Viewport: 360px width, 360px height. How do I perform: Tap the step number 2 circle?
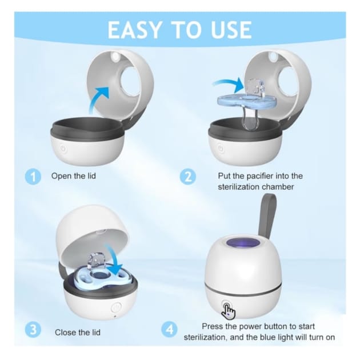[x=188, y=177]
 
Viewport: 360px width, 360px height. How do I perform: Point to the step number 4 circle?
[x=169, y=330]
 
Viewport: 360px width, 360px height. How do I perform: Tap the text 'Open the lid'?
[x=74, y=176]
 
